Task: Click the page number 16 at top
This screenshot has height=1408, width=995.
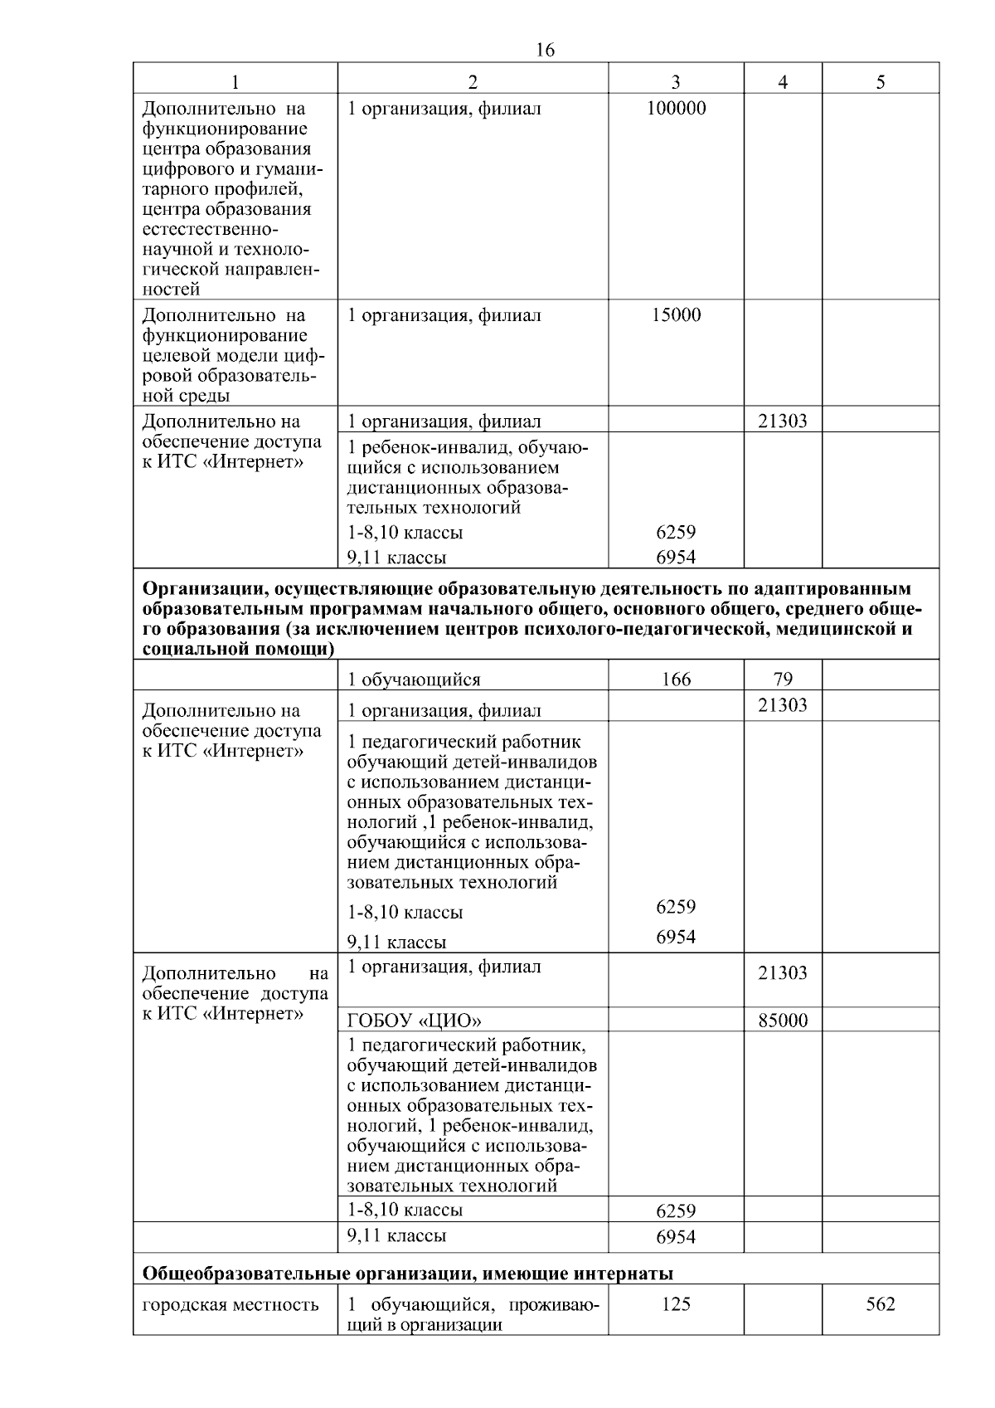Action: click(545, 51)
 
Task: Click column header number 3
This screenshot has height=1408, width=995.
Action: click(676, 81)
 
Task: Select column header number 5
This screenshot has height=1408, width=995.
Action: click(880, 81)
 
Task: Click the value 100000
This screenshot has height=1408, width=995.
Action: click(676, 109)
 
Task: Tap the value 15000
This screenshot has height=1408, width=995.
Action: click(676, 315)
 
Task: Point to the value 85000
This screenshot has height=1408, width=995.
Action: click(783, 1021)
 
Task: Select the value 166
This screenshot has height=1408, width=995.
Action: click(676, 680)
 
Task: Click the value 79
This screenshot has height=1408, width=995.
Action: click(783, 680)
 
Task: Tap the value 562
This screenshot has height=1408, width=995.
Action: click(880, 1304)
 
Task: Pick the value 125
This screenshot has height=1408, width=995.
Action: click(676, 1304)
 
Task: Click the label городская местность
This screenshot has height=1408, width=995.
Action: click(231, 1305)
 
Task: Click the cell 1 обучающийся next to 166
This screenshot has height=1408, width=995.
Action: click(414, 680)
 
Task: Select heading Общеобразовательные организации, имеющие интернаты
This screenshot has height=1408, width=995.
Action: click(408, 1274)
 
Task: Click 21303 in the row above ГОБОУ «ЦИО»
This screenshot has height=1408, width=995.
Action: click(783, 973)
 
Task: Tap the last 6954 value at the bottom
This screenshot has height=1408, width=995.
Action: click(676, 1237)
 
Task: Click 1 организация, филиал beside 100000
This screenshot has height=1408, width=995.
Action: click(444, 109)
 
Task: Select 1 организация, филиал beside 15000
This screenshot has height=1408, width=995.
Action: click(444, 315)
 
